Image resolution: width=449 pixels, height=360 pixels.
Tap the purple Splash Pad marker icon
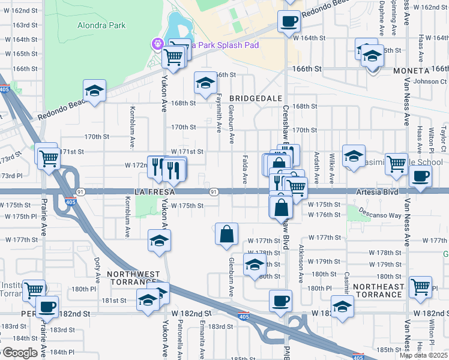(158, 44)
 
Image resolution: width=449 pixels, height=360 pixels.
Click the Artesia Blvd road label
(378, 191)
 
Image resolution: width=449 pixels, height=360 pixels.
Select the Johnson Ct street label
(430, 82)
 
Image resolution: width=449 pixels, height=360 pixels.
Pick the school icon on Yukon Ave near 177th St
(159, 241)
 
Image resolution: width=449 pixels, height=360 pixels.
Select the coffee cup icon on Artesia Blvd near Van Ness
(420, 176)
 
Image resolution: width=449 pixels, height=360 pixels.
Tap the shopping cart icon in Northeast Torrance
(420, 287)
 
